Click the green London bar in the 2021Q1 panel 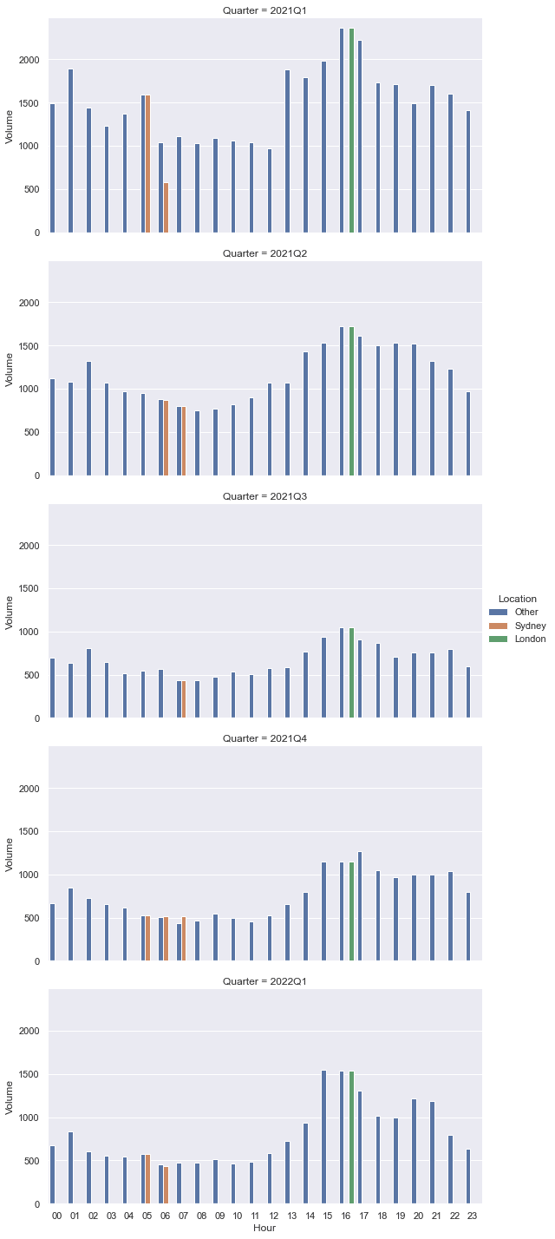[351, 130]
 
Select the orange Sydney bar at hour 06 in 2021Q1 [166, 207]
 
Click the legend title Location [517, 599]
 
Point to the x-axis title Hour [264, 1228]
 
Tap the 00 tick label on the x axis [57, 1216]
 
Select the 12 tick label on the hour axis [273, 1216]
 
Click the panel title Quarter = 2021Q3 [264, 496]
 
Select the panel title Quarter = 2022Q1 [264, 981]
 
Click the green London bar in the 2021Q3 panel [351, 672]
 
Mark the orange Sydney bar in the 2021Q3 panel [184, 699]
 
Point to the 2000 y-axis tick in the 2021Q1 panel [30, 60]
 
